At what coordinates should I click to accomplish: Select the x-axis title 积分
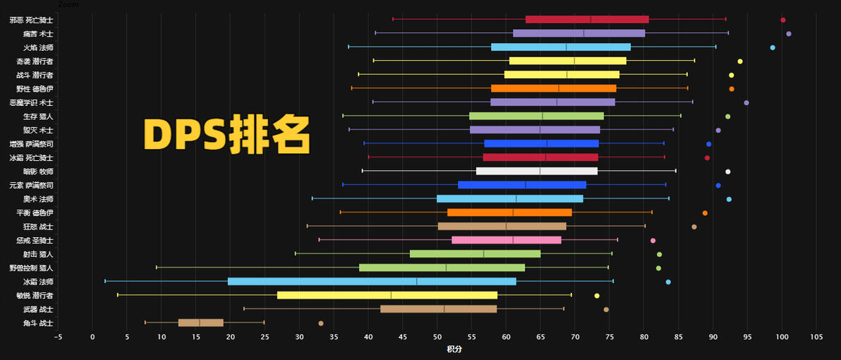(454, 349)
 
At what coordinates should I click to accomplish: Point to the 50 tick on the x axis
(437, 337)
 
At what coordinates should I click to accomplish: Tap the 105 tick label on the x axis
(816, 337)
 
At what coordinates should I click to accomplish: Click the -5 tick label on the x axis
(58, 337)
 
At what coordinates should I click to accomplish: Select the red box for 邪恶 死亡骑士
(587, 19)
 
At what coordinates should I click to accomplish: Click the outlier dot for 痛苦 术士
(789, 33)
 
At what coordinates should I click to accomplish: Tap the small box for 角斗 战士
(200, 323)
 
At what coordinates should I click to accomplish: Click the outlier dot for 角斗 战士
(321, 323)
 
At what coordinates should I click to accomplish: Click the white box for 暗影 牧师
(537, 171)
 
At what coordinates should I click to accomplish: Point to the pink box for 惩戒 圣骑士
(507, 240)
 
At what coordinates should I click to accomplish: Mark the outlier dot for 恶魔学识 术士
(746, 102)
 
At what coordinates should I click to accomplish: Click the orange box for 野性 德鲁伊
(554, 88)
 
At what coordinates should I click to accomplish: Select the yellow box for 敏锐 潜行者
(387, 295)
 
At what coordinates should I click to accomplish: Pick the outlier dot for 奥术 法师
(729, 199)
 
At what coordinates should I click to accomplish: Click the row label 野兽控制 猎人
(32, 268)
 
